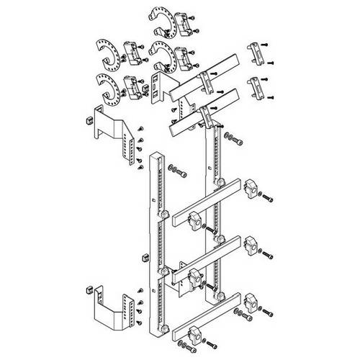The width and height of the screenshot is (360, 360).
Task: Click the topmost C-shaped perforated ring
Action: point(159,19)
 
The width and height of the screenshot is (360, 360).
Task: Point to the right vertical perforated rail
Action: point(215,209)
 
